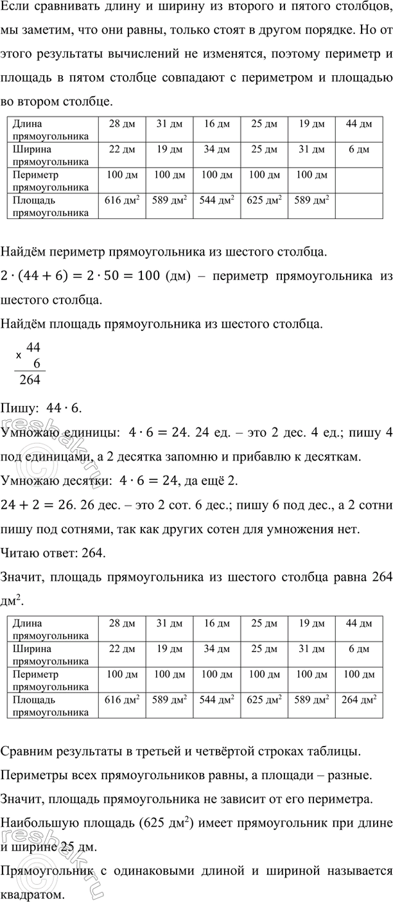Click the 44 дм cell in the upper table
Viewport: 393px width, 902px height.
[x=358, y=124]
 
